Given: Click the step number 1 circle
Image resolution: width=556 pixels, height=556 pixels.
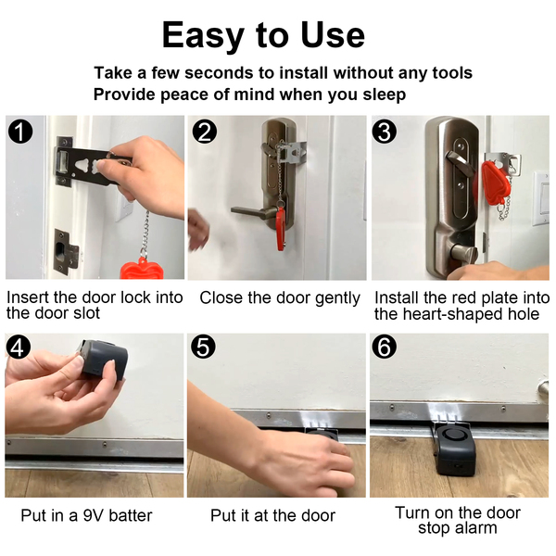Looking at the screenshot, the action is click(20, 132).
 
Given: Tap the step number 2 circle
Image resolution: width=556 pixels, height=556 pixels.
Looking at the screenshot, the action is click(205, 132).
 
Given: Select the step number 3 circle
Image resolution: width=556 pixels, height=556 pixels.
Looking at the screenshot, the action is click(385, 132).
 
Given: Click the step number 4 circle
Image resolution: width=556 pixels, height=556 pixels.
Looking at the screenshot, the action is click(19, 347).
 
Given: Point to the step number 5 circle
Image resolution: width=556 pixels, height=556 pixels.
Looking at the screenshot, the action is click(203, 347).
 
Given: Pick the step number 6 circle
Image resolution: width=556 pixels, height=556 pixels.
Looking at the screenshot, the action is click(385, 347).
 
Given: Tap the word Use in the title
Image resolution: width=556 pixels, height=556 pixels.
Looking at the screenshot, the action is click(333, 35).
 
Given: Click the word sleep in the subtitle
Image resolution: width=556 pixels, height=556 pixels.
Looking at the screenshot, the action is click(384, 95).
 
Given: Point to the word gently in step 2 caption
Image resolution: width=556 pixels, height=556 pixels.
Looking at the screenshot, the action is click(337, 298).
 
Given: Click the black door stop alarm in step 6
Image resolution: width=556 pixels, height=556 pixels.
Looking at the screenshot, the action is click(455, 449).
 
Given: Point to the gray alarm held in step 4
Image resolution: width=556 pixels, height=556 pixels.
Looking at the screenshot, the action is click(103, 359).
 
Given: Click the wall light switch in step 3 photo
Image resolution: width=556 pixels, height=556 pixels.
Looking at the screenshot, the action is click(541, 197).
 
